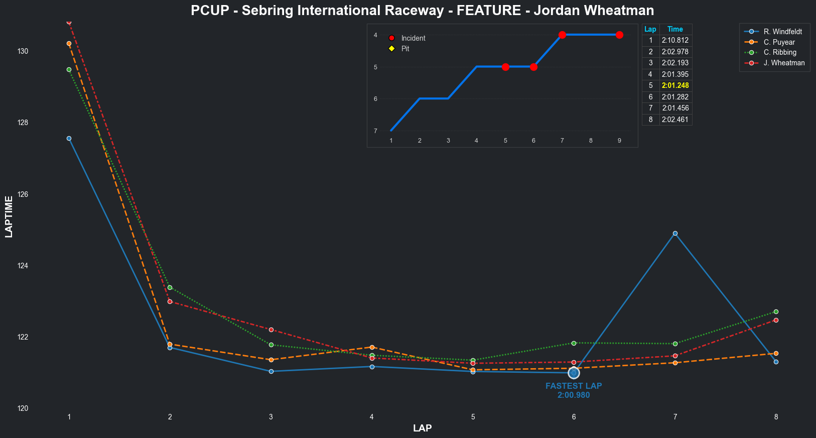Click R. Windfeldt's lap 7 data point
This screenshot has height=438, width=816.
coord(675,233)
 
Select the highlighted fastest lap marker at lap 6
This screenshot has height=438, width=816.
coord(574,373)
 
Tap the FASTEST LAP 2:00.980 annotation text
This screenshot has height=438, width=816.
coord(574,390)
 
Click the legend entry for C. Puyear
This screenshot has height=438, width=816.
coord(779,42)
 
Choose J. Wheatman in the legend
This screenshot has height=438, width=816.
coord(784,63)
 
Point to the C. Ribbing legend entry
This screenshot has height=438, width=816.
coord(780,52)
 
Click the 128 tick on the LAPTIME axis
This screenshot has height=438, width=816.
coord(23,123)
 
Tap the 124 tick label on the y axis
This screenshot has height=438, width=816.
coord(23,266)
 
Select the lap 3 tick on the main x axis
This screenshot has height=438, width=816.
coord(271,417)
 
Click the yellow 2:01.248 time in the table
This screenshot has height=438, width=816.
coord(675,85)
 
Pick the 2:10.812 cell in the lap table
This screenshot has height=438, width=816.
coord(675,40)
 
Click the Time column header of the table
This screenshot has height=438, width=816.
coord(675,29)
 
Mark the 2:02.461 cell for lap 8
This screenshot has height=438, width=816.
coord(675,120)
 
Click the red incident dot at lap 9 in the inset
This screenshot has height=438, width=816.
coord(619,35)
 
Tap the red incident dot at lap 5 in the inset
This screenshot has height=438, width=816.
coord(505,67)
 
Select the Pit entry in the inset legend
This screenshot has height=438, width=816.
coord(405,49)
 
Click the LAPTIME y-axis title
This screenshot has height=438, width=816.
coord(9,216)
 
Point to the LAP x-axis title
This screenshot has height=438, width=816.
coord(422,428)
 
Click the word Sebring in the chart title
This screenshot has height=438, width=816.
coord(267,11)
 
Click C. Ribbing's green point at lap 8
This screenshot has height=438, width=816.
coord(776,312)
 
